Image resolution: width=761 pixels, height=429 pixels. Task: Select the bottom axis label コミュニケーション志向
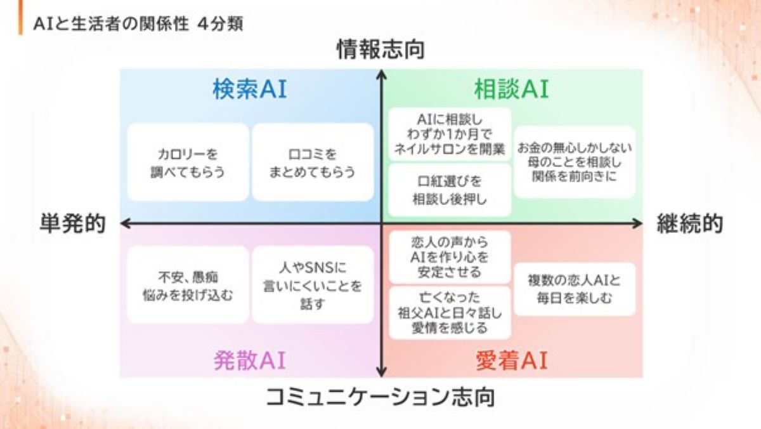380,397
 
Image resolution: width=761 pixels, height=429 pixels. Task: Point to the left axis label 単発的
72,223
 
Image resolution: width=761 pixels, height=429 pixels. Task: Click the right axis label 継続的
689,223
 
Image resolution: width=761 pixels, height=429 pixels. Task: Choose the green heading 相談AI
511,89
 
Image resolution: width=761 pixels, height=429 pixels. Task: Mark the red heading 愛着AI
511,360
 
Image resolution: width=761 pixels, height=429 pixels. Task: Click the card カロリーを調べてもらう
188,162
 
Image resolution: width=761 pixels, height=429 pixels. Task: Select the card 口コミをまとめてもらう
313,162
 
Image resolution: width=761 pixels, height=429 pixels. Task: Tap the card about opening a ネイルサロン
450,135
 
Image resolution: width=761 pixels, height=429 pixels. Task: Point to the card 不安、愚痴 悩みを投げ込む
188,285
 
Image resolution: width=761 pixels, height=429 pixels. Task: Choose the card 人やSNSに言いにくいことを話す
313,285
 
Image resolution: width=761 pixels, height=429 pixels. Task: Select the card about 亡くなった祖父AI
450,312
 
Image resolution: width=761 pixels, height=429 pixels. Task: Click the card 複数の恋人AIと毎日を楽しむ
575,288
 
